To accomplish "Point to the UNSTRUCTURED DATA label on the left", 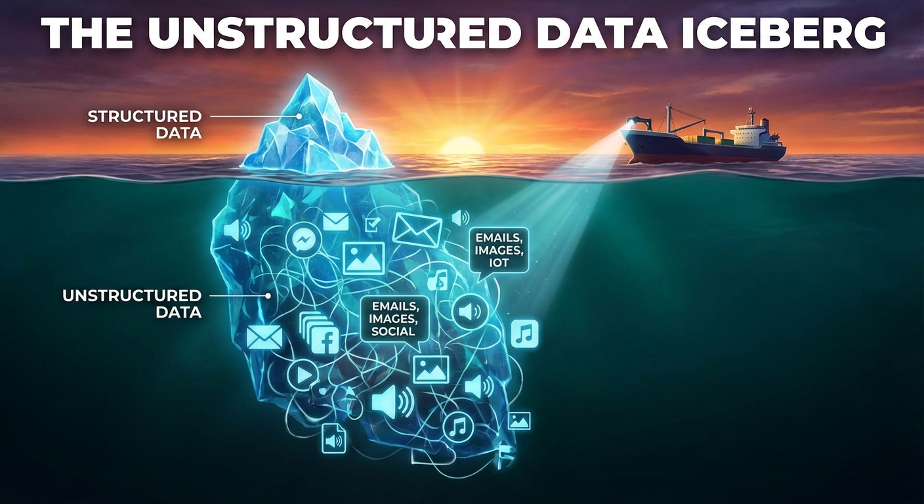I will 131,303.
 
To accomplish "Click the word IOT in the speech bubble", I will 498,264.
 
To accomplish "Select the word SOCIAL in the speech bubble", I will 393,331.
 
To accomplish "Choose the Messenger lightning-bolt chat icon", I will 303,240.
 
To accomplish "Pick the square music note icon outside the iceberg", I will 524,333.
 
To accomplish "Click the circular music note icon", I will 458,427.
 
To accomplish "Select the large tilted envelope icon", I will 417,229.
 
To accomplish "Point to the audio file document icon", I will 333,438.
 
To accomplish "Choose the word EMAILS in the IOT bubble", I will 498,238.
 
